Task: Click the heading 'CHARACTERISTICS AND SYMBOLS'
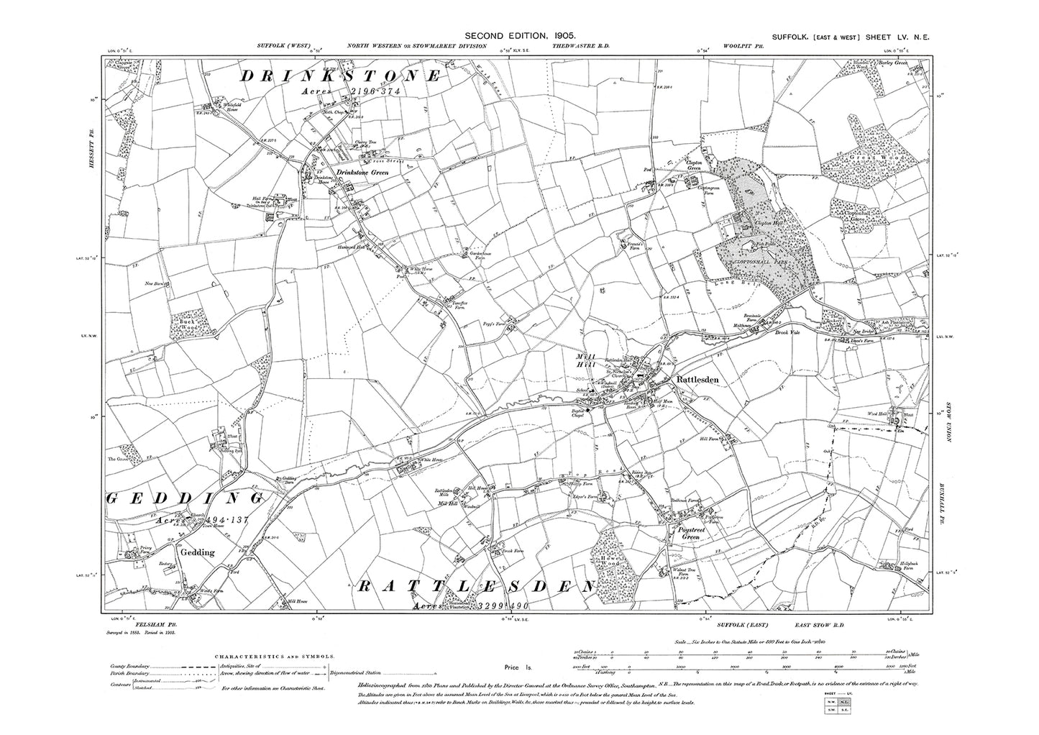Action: [x=274, y=657]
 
